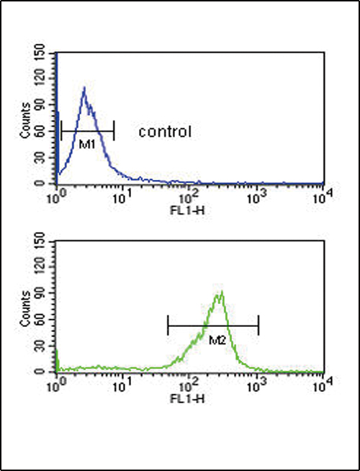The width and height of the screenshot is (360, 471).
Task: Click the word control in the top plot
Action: [164, 132]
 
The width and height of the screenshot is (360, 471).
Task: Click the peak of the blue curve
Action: [84, 88]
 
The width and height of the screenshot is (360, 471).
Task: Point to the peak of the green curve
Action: [221, 292]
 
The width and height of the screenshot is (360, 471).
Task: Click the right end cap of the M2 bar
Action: [258, 326]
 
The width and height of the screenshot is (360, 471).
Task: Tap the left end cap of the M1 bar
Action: [62, 131]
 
